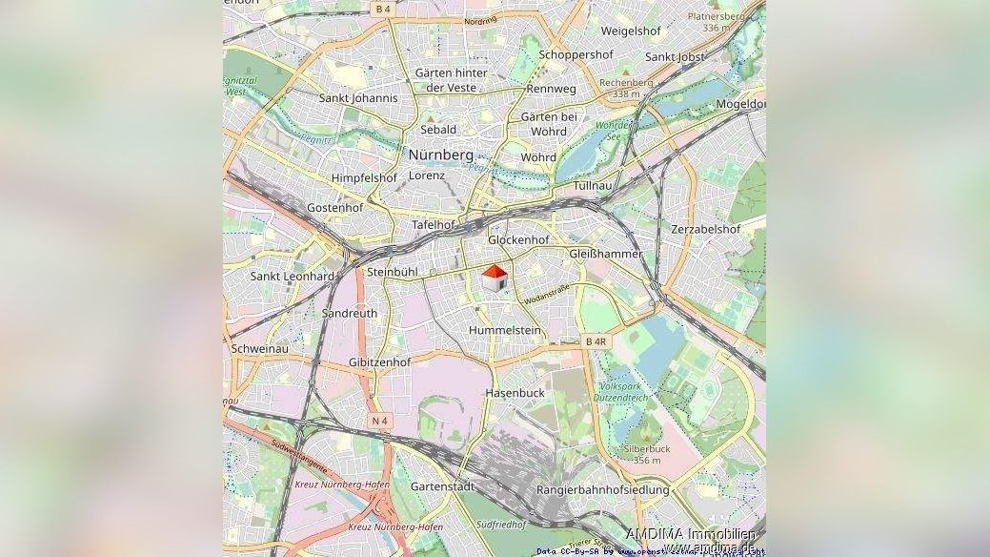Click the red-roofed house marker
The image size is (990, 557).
tap(494, 278)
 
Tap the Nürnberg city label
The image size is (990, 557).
tap(440, 154)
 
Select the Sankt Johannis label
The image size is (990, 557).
tap(358, 97)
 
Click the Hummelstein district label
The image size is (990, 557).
tap(505, 330)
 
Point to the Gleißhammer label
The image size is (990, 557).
tap(605, 254)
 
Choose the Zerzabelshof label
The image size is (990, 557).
tap(705, 229)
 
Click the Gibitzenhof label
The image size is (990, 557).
tap(379, 362)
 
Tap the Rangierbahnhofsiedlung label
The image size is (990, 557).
tap(603, 489)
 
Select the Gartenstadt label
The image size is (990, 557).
tap(442, 485)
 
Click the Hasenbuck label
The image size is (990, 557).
tap(515, 392)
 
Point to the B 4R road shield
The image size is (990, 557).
tap(596, 340)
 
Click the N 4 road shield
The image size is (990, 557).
tap(380, 421)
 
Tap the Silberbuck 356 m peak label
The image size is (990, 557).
tap(646, 454)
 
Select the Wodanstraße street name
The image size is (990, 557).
tap(547, 294)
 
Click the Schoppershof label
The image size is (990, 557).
tap(576, 54)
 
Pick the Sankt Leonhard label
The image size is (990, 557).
tap(292, 276)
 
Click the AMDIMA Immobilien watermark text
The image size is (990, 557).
tap(691, 534)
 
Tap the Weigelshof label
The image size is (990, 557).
tap(630, 31)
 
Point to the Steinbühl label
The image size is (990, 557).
tap(393, 272)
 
